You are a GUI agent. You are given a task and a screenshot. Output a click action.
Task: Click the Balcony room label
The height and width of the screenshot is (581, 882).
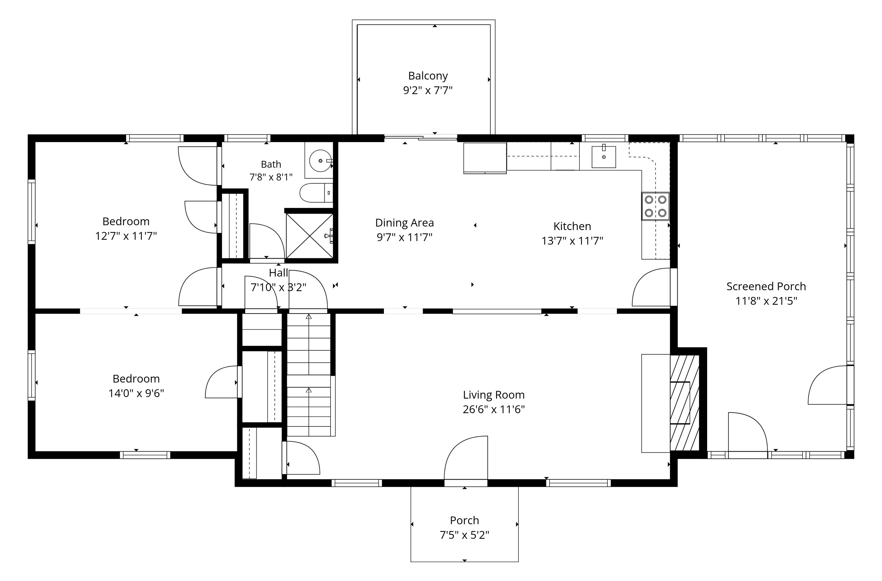coord(428,76)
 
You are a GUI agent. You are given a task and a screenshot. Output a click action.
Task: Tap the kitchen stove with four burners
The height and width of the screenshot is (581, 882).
coord(655,206)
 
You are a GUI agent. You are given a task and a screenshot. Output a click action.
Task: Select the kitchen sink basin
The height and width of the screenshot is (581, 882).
coord(604,157)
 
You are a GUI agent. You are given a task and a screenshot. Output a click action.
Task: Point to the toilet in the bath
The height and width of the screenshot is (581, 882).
coord(316,193)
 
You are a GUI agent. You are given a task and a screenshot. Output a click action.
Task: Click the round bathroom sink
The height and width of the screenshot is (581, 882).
coord(320,161)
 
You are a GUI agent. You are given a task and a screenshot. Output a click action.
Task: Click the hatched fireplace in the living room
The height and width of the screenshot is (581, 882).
coord(684,403)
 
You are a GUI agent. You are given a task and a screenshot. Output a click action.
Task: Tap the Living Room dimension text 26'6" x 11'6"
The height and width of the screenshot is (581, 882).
coord(494,409)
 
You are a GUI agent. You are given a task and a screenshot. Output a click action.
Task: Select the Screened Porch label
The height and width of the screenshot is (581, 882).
coord(766,286)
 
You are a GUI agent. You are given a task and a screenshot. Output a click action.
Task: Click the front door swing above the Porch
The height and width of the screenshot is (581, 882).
coord(466,458)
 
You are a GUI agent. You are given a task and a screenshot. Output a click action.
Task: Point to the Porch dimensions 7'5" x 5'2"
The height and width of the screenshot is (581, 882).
coord(465,535)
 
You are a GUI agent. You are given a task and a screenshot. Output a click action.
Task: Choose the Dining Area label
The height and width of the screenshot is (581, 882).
coord(405,223)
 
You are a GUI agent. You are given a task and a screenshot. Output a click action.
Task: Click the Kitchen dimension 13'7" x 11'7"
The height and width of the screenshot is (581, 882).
coord(572,241)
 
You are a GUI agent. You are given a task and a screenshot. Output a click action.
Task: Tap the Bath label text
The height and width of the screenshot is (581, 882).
coord(271,164)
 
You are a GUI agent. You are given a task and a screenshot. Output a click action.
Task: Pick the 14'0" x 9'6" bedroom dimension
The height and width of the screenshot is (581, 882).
coord(136,393)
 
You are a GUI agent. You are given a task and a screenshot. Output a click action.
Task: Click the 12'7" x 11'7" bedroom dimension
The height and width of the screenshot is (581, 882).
coord(126,236)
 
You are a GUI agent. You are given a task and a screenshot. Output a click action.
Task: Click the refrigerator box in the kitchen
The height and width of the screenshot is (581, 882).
coord(485,158)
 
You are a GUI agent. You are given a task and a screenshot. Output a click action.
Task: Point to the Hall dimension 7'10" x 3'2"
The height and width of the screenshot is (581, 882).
coord(278,287)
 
